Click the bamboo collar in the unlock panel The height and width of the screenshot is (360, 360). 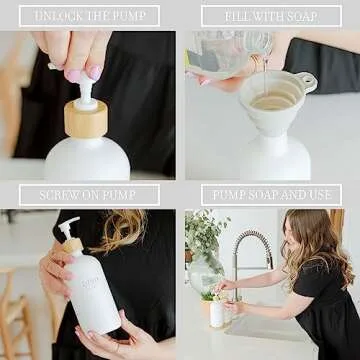pyautogui.click(x=86, y=119)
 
